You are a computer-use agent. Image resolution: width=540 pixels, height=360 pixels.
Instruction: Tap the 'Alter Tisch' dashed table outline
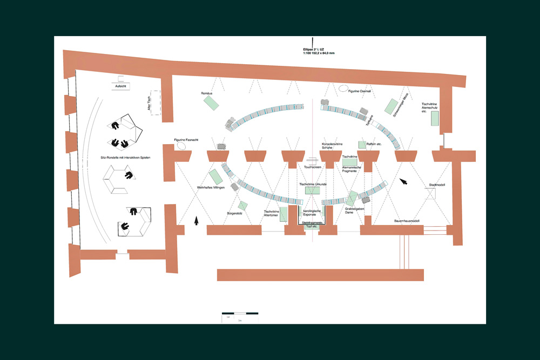157,102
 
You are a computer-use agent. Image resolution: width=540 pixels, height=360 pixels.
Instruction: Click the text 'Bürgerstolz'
235,214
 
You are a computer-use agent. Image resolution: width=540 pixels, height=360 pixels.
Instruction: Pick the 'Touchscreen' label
313,167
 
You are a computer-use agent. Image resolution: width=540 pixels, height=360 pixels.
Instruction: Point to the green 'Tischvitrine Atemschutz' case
434,118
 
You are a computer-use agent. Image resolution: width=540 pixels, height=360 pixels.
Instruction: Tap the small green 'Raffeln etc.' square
362,145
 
